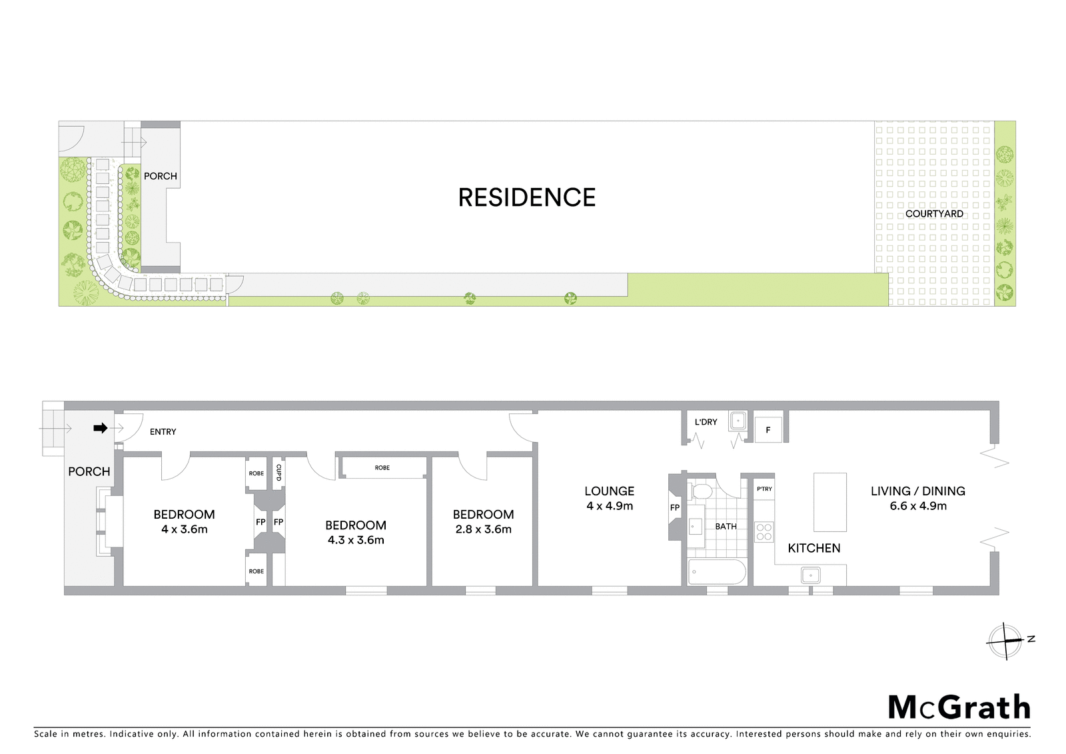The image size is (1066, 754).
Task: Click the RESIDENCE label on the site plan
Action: pyautogui.click(x=526, y=198)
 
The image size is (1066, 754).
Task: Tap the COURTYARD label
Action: pyautogui.click(x=934, y=214)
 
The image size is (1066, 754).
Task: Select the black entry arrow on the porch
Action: pyautogui.click(x=101, y=428)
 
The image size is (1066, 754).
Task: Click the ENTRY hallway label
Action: pyautogui.click(x=163, y=432)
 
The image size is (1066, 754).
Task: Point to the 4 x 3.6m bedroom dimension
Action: pyautogui.click(x=184, y=529)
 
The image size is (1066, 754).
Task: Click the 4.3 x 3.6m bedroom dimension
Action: pyautogui.click(x=356, y=540)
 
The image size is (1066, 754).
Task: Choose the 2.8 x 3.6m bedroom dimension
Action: pyautogui.click(x=484, y=529)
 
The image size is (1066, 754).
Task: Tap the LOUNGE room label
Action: pyautogui.click(x=610, y=491)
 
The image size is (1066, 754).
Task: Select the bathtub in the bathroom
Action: pyautogui.click(x=717, y=573)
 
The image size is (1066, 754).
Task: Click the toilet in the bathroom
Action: pyautogui.click(x=701, y=491)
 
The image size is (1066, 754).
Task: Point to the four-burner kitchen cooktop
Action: pyautogui.click(x=764, y=532)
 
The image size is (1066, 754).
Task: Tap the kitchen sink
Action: pyautogui.click(x=810, y=575)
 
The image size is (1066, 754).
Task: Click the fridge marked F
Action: pyautogui.click(x=768, y=430)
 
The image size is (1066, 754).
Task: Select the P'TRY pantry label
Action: pyautogui.click(x=764, y=489)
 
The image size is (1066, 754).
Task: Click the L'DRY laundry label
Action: pyautogui.click(x=706, y=422)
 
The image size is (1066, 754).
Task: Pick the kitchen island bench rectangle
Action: pyautogui.click(x=830, y=502)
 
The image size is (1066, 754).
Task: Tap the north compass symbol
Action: pyautogui.click(x=1005, y=641)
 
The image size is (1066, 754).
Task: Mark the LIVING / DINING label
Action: pyautogui.click(x=918, y=491)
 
